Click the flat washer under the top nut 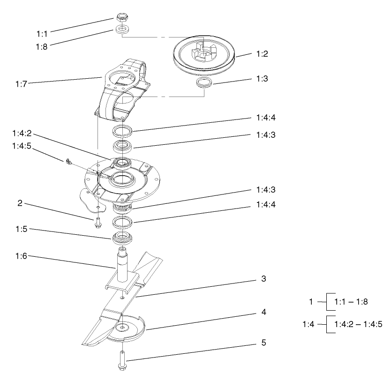point(122,30)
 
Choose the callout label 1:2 point(262,54)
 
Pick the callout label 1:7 point(22,84)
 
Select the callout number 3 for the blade point(264,278)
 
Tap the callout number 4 point(264,311)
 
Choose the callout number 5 point(264,343)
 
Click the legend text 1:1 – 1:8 point(351,302)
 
